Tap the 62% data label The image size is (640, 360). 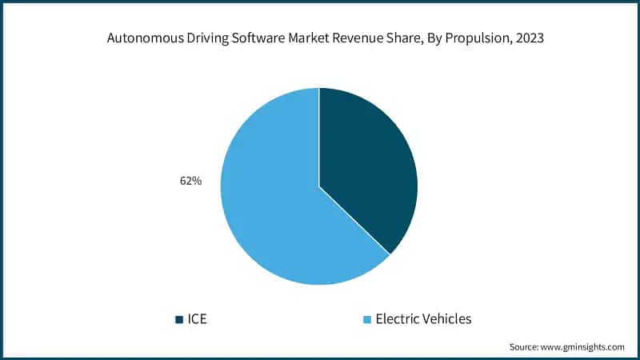190,182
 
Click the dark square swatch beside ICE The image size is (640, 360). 178,319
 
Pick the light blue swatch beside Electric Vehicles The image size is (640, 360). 368,319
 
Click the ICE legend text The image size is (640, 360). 197,318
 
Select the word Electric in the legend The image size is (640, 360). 398,318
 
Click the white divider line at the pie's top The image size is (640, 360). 319,112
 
